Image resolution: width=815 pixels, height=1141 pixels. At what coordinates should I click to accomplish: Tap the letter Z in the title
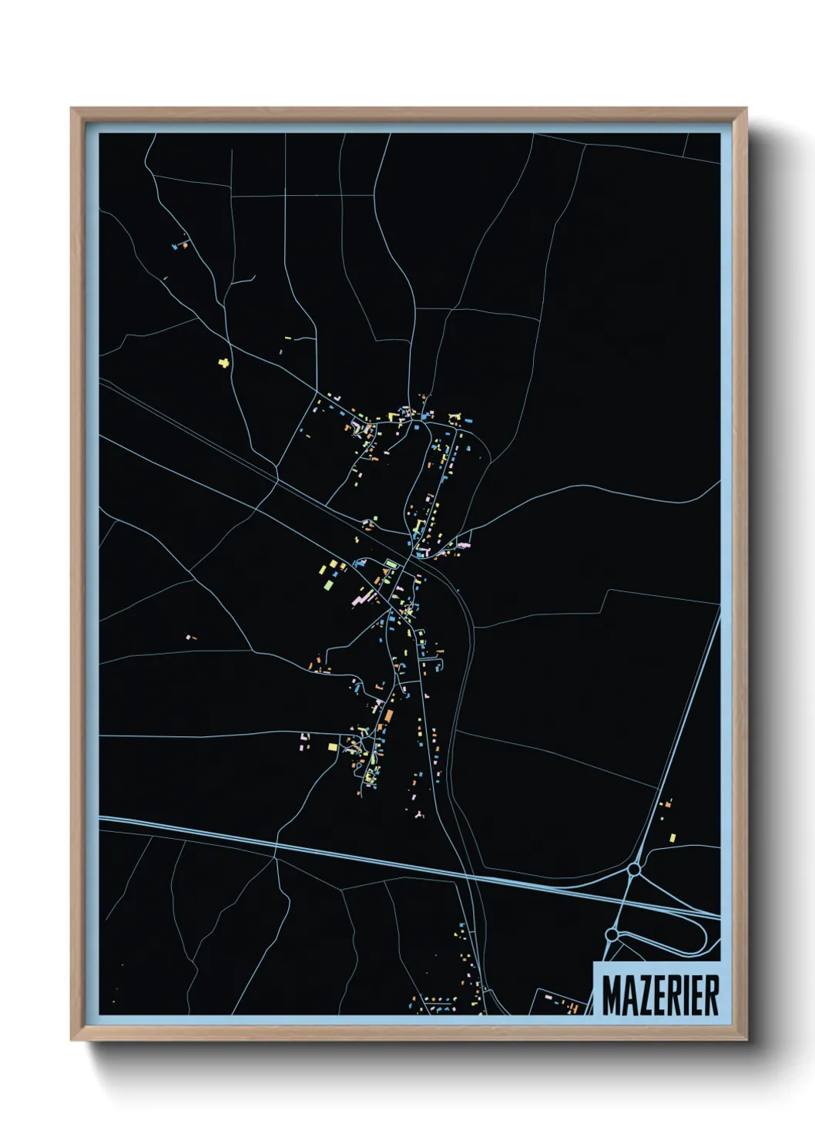click(x=642, y=995)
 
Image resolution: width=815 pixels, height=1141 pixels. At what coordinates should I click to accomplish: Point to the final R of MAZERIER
click(x=710, y=995)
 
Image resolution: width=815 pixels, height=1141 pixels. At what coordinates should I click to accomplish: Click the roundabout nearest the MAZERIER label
click(x=612, y=934)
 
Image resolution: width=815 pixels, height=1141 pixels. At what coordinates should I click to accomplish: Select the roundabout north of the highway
click(x=633, y=869)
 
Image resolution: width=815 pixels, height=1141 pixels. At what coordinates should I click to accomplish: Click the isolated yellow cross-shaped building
click(x=224, y=362)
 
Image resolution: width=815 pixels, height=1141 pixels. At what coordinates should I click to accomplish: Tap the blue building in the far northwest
click(x=176, y=247)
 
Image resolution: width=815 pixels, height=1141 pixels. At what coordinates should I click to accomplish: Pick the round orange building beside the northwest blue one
click(x=185, y=246)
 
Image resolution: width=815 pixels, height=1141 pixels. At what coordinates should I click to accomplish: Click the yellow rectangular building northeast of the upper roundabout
click(x=672, y=837)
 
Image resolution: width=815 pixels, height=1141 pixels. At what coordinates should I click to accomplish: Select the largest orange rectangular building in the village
click(x=389, y=717)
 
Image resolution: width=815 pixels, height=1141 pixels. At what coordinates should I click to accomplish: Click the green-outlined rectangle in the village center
click(x=392, y=564)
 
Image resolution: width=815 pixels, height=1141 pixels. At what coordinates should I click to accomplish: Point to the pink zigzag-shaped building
click(x=361, y=597)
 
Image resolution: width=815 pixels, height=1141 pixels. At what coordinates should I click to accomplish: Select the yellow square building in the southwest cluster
click(x=333, y=746)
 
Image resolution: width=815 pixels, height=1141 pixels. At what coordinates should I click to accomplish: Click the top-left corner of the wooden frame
click(x=72, y=109)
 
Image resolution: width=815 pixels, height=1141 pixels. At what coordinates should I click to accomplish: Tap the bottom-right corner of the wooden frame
click(x=746, y=1039)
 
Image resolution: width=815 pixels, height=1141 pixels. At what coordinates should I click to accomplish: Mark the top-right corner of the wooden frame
click(x=746, y=109)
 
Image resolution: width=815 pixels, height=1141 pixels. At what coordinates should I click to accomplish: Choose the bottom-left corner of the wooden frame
click(x=72, y=1039)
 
